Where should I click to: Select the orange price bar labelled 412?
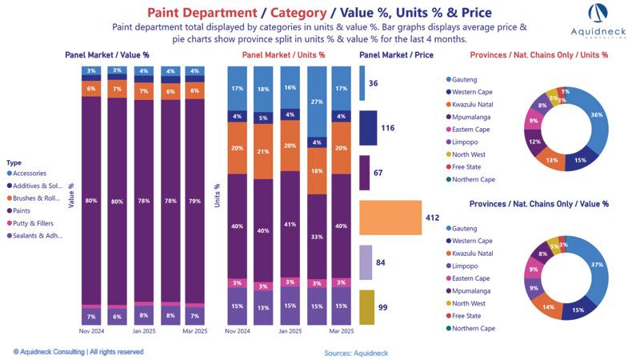click(x=390, y=217)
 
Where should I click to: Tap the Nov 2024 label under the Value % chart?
click(x=90, y=330)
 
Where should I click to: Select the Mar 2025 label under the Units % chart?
click(x=342, y=330)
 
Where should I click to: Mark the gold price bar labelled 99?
click(x=366, y=307)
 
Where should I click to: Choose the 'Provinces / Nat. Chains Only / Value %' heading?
click(x=538, y=204)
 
